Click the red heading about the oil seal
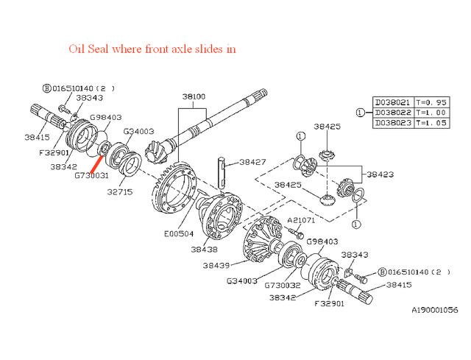point(152,49)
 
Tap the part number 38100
point(194,96)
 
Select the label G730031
point(91,175)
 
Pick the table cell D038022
point(393,112)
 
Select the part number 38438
point(205,250)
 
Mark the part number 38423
point(380,174)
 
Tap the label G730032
point(282,285)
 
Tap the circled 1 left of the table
point(360,113)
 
